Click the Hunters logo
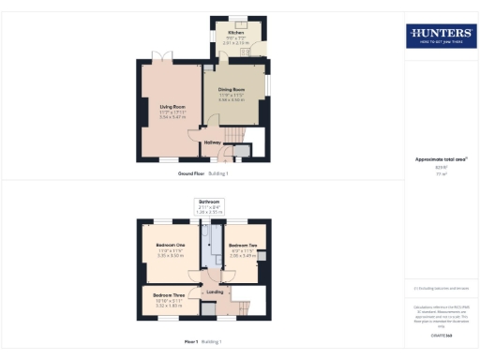pyautogui.click(x=440, y=37)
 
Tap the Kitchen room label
pyautogui.click(x=235, y=32)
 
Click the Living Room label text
pyautogui.click(x=172, y=106)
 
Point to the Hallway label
pyautogui.click(x=214, y=142)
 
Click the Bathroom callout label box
pyautogui.click(x=209, y=206)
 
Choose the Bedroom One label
pyautogui.click(x=170, y=245)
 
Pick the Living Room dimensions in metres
pyautogui.click(x=172, y=116)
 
